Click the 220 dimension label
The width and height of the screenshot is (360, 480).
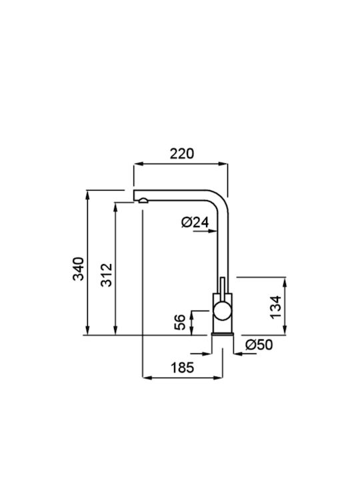(182, 154)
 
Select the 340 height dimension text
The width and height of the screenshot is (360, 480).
(79, 269)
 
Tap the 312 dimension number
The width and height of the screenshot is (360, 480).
(107, 275)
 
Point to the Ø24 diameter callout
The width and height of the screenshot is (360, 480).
(195, 222)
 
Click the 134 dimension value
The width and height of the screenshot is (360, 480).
(275, 307)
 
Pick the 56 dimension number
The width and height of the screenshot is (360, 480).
(180, 322)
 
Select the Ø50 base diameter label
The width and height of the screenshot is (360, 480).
(259, 345)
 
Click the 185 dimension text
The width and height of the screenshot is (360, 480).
(182, 367)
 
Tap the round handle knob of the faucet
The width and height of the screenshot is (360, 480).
(223, 311)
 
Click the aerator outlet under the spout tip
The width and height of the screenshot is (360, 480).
(143, 201)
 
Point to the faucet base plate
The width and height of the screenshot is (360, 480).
(223, 334)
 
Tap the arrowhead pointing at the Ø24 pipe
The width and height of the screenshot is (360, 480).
(213, 231)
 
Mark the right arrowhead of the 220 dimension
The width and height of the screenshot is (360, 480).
(223, 164)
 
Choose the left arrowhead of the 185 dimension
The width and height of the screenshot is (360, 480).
(147, 378)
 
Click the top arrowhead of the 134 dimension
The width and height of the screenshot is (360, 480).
(285, 282)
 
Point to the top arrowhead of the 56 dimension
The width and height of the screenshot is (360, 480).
(191, 315)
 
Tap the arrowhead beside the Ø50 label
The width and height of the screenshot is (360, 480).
(239, 354)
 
